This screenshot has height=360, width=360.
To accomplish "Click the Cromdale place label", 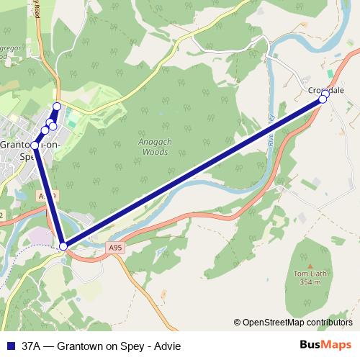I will point(326,90).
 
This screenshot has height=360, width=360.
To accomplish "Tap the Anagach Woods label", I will point(153,147).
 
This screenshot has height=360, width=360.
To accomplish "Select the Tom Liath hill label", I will point(310,274).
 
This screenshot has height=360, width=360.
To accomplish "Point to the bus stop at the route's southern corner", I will point(64,246).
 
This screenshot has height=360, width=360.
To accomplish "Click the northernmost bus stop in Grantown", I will point(57,107).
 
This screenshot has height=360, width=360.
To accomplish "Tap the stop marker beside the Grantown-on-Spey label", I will point(35,145).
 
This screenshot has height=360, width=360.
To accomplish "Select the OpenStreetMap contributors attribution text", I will point(297,323).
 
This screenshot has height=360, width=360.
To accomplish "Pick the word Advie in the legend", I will point(168,346).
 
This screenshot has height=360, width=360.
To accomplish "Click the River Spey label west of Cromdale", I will point(271,130).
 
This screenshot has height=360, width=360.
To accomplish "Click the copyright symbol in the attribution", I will point(237,323).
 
